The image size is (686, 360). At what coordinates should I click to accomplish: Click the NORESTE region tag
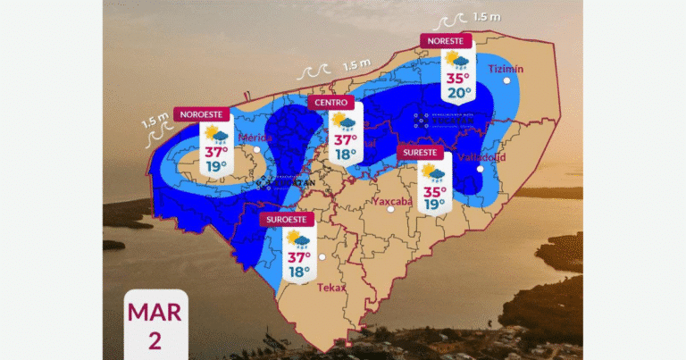(446, 40)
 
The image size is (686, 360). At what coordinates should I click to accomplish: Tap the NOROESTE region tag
(203, 114)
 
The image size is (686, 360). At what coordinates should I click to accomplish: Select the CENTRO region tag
(330, 104)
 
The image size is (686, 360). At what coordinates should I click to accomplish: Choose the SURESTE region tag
(422, 153)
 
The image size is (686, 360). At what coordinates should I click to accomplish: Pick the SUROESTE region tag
(285, 219)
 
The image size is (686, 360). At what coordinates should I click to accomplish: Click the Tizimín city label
(506, 69)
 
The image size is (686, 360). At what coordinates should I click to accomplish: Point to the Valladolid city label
(481, 157)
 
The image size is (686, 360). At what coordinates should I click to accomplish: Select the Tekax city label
(331, 287)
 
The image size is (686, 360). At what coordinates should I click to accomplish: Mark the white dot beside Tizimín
(507, 81)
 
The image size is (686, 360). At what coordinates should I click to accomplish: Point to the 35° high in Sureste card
(434, 190)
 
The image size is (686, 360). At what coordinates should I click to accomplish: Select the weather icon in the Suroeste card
(297, 239)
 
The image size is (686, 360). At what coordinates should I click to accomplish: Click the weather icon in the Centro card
(343, 123)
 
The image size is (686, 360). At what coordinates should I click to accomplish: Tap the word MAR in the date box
(155, 313)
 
